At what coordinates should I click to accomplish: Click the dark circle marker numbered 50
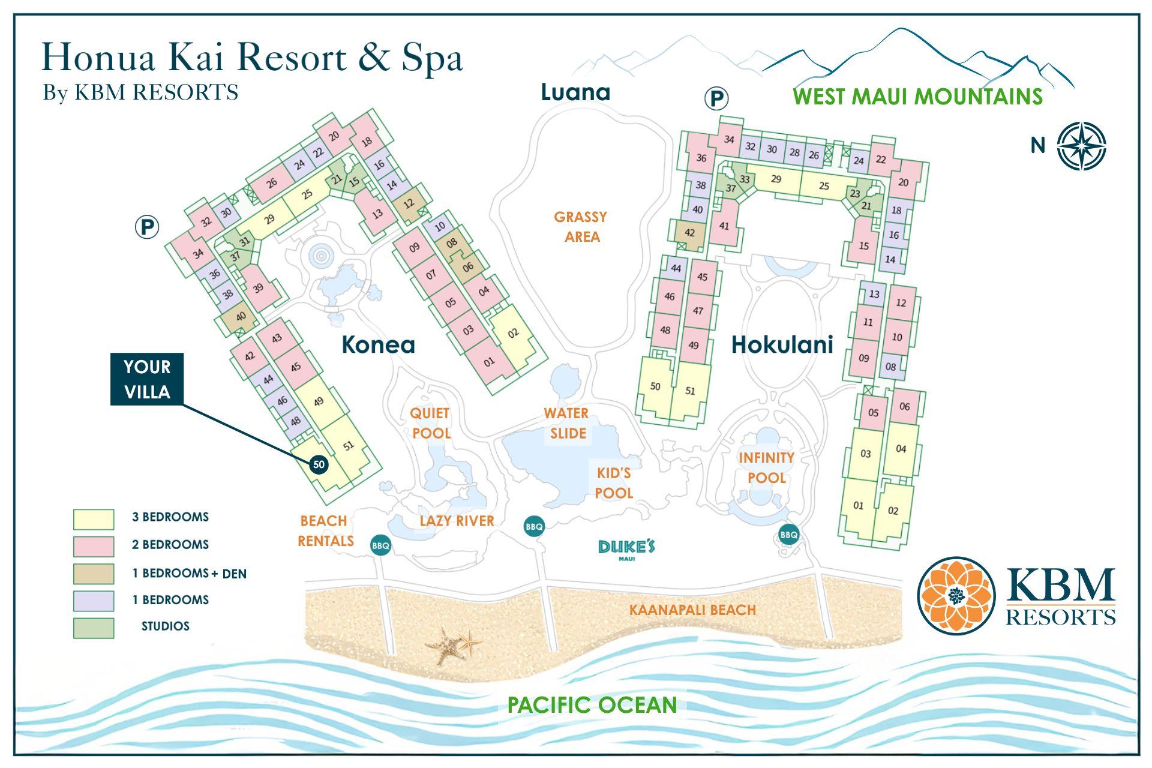tap(319, 464)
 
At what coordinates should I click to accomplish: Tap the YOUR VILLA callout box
tap(147, 379)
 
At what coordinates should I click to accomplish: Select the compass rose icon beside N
tap(1081, 146)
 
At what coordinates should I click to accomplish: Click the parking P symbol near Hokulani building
tap(716, 98)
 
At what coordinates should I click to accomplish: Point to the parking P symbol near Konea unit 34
tap(147, 227)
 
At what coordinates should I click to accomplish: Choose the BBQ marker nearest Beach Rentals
tap(381, 545)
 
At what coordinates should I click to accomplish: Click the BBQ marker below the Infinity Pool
tap(788, 535)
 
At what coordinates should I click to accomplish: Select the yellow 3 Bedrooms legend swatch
tap(94, 519)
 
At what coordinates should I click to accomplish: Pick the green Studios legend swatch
tap(94, 628)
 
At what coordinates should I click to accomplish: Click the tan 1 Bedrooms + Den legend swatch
tap(94, 574)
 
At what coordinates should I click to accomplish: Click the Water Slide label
tap(566, 423)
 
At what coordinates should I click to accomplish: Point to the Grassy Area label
tap(581, 226)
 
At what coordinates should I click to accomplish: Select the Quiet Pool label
tap(430, 423)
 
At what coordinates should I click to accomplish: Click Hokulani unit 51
tap(690, 391)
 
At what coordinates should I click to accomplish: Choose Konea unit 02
tap(514, 333)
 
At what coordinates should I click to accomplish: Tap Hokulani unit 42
tap(690, 233)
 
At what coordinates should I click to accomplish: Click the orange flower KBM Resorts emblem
tap(956, 595)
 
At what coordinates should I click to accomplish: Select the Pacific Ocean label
tap(592, 704)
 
